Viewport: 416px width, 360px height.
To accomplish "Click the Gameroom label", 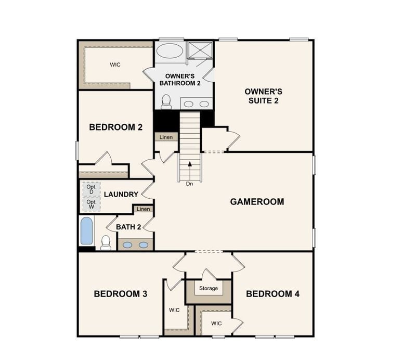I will click(x=257, y=201).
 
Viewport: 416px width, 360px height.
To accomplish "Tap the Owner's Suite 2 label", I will click(x=264, y=96).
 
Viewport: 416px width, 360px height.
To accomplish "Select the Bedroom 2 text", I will click(x=115, y=127).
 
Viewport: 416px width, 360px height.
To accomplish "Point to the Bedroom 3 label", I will click(x=120, y=294).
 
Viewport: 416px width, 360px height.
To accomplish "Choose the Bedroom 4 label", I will click(x=272, y=294).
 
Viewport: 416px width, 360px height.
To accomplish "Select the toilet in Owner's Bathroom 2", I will click(x=166, y=101).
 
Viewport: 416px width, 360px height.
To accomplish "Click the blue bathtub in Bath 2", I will click(x=86, y=230).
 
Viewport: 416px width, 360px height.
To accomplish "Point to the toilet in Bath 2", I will click(x=106, y=242).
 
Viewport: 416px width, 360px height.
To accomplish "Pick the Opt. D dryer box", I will click(x=91, y=189).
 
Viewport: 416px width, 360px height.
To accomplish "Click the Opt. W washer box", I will click(x=91, y=203).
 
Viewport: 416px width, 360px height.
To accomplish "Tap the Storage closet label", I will click(x=209, y=288).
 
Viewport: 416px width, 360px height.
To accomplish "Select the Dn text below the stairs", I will click(x=190, y=184).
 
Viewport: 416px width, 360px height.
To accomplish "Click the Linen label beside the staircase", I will click(x=166, y=137).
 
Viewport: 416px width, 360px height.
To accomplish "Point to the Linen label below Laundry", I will click(x=143, y=209).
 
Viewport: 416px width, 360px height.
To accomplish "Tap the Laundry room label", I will click(x=121, y=195).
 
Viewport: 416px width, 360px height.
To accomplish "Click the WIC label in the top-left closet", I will click(x=115, y=65).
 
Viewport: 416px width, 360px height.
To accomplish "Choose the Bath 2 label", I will click(x=128, y=227).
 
